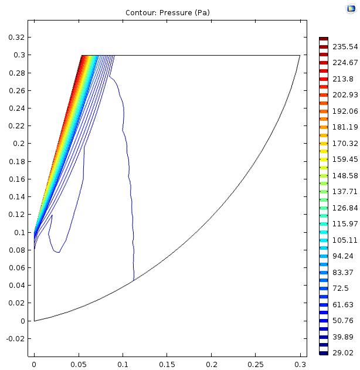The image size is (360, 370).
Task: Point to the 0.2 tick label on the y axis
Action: point(18,143)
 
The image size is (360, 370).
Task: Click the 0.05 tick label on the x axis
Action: point(78,364)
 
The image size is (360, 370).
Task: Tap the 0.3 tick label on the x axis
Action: point(300,364)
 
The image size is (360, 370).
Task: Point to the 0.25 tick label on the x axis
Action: point(256,364)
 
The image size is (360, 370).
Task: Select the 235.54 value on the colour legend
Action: point(343,47)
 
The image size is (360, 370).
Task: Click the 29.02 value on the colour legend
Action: point(343,353)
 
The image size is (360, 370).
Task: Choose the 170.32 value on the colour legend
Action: point(343,143)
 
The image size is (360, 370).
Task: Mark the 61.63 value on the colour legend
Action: point(343,304)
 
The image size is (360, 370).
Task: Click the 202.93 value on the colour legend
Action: point(343,95)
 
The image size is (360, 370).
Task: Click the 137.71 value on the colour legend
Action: point(343,192)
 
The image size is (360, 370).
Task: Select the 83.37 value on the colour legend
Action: point(343,272)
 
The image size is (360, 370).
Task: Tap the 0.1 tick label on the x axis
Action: point(123,364)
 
